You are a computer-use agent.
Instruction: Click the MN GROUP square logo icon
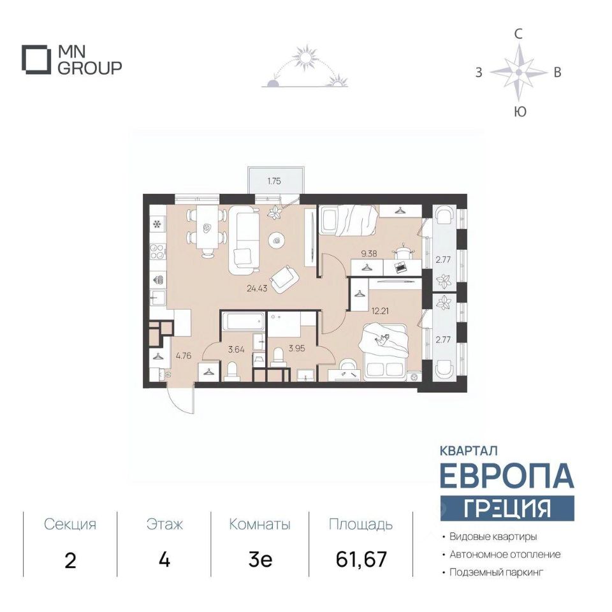pyautogui.click(x=36, y=60)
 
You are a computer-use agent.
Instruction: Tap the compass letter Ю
pyautogui.click(x=520, y=112)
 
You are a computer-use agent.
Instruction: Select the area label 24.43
pyautogui.click(x=257, y=289)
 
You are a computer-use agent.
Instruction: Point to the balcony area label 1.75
pyautogui.click(x=274, y=181)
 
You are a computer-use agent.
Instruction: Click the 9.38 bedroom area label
pyautogui.click(x=369, y=254)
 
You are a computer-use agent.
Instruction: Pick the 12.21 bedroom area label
pyautogui.click(x=380, y=311)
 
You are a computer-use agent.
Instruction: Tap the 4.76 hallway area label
pyautogui.click(x=184, y=356)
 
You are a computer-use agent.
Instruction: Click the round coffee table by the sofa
pyautogui.click(x=277, y=241)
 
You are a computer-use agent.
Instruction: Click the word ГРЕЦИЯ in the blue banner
pyautogui.click(x=507, y=508)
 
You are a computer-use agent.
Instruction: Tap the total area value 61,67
pyautogui.click(x=361, y=559)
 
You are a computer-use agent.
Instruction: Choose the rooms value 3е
pyautogui.click(x=260, y=560)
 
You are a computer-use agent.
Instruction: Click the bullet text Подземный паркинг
pyautogui.click(x=496, y=572)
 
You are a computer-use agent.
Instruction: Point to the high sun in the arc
pyautogui.click(x=305, y=58)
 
